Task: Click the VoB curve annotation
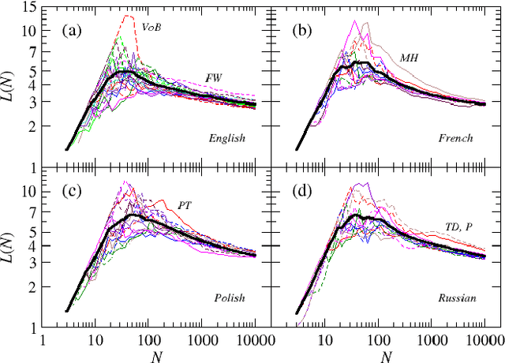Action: (x=152, y=28)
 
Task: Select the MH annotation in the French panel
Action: (x=409, y=58)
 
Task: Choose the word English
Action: (x=227, y=137)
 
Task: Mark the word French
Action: (x=456, y=138)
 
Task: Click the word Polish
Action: (x=230, y=298)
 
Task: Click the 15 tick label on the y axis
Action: (x=28, y=8)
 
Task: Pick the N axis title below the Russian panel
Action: (x=386, y=356)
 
